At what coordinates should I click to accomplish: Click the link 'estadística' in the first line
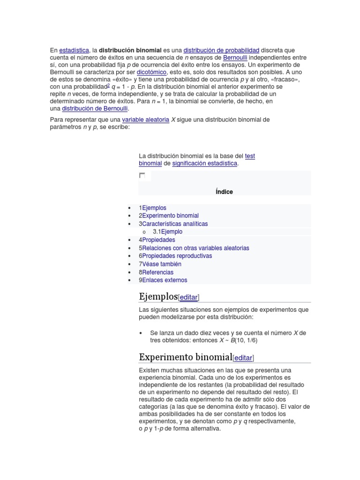[74, 50]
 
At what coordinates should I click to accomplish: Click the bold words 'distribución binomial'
[130, 50]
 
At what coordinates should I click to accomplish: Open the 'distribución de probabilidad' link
[221, 50]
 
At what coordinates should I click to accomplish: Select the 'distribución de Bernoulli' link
[95, 108]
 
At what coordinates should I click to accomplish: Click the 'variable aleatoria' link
[145, 120]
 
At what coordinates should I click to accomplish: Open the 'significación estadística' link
[205, 163]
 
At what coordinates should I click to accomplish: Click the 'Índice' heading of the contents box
[224, 192]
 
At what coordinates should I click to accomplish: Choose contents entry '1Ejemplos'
[152, 208]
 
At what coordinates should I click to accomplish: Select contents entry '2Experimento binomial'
[169, 216]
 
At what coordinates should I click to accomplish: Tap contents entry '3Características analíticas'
[173, 224]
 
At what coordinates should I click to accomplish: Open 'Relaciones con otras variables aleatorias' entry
[194, 248]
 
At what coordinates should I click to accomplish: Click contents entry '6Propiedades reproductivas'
[175, 256]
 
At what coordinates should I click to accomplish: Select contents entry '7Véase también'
[160, 264]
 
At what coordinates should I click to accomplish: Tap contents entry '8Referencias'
[156, 272]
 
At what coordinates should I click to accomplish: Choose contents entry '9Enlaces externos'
[163, 280]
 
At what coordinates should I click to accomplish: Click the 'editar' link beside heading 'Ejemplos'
[188, 297]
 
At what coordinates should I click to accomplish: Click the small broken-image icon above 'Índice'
[142, 176]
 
